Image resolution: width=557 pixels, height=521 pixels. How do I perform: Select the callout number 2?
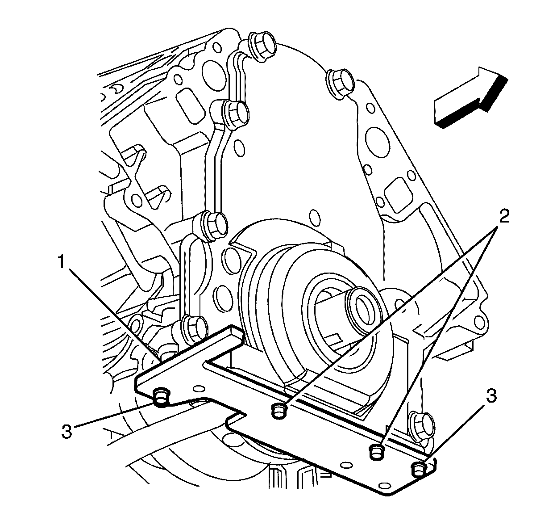tap(503, 218)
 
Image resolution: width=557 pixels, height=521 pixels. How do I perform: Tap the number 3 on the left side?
tap(67, 432)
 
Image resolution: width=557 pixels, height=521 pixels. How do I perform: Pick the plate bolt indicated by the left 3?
tap(161, 395)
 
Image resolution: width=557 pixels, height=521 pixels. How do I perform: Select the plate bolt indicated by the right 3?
tap(418, 469)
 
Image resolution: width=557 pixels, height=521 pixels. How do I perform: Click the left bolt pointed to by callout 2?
tap(278, 410)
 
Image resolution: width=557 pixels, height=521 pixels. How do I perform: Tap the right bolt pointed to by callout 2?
tap(378, 451)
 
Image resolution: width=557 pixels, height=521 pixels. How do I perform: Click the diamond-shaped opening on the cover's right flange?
tap(392, 193)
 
